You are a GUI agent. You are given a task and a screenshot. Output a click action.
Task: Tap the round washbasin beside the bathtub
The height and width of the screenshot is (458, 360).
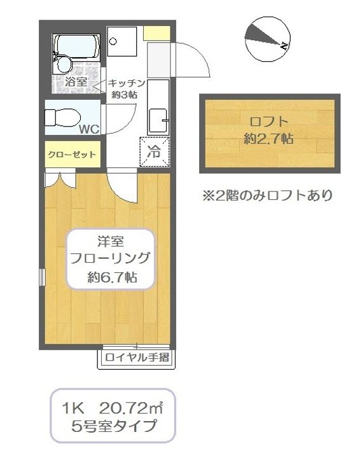[x=62, y=64]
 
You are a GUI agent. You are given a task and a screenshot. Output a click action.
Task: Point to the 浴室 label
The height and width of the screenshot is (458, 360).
[x=76, y=82]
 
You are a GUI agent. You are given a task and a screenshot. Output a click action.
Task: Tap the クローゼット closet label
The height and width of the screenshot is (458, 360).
[x=72, y=155]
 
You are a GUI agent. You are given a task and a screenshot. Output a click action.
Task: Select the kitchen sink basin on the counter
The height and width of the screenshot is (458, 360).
[x=157, y=118]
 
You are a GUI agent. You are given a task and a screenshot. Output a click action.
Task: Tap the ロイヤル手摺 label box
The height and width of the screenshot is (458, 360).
[x=137, y=357]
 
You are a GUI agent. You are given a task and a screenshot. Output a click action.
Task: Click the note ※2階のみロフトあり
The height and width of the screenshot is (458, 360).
[x=268, y=195]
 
